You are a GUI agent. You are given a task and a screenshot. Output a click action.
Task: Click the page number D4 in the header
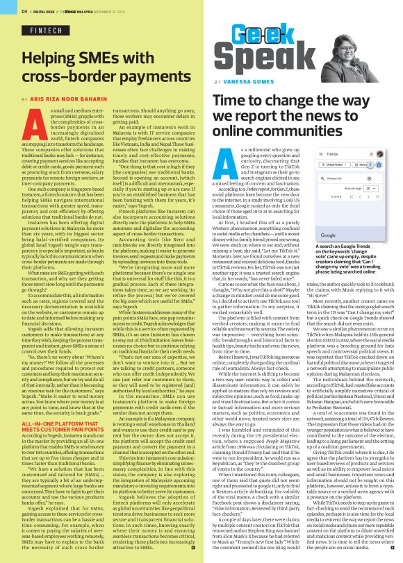pos(24,10)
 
